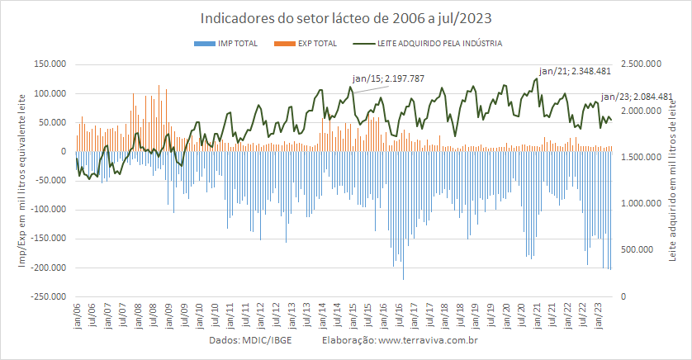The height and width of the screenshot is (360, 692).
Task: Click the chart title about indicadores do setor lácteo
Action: click(x=346, y=18)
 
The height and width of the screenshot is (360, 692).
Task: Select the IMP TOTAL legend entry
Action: click(x=225, y=43)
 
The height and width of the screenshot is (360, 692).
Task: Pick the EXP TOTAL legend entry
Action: click(x=306, y=43)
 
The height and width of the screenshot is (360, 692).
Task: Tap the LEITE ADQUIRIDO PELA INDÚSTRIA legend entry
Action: click(x=428, y=43)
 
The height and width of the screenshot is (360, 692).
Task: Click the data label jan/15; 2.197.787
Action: click(x=388, y=78)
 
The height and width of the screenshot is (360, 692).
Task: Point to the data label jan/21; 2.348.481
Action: click(x=575, y=71)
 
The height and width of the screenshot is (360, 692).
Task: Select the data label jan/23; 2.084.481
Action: click(x=637, y=97)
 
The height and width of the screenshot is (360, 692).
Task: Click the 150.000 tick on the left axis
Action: click(x=50, y=64)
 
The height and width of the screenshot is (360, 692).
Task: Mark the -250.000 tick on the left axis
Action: click(x=48, y=296)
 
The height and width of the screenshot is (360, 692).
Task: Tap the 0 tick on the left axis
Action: click(x=63, y=151)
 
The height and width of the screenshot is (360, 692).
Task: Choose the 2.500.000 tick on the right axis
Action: click(x=642, y=64)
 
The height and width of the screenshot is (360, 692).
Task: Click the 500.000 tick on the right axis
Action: click(x=637, y=249)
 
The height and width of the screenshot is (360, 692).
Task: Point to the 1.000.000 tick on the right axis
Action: click(x=642, y=203)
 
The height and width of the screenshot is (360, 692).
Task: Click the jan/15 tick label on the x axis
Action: click(x=353, y=315)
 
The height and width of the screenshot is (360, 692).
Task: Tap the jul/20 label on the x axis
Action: click(x=521, y=315)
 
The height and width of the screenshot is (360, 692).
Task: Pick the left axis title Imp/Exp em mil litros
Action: click(x=22, y=181)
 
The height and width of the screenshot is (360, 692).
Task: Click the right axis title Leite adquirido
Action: click(x=672, y=181)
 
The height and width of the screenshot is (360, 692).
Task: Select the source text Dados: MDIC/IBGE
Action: click(x=250, y=340)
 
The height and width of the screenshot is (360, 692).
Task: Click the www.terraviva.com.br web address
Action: click(x=428, y=340)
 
